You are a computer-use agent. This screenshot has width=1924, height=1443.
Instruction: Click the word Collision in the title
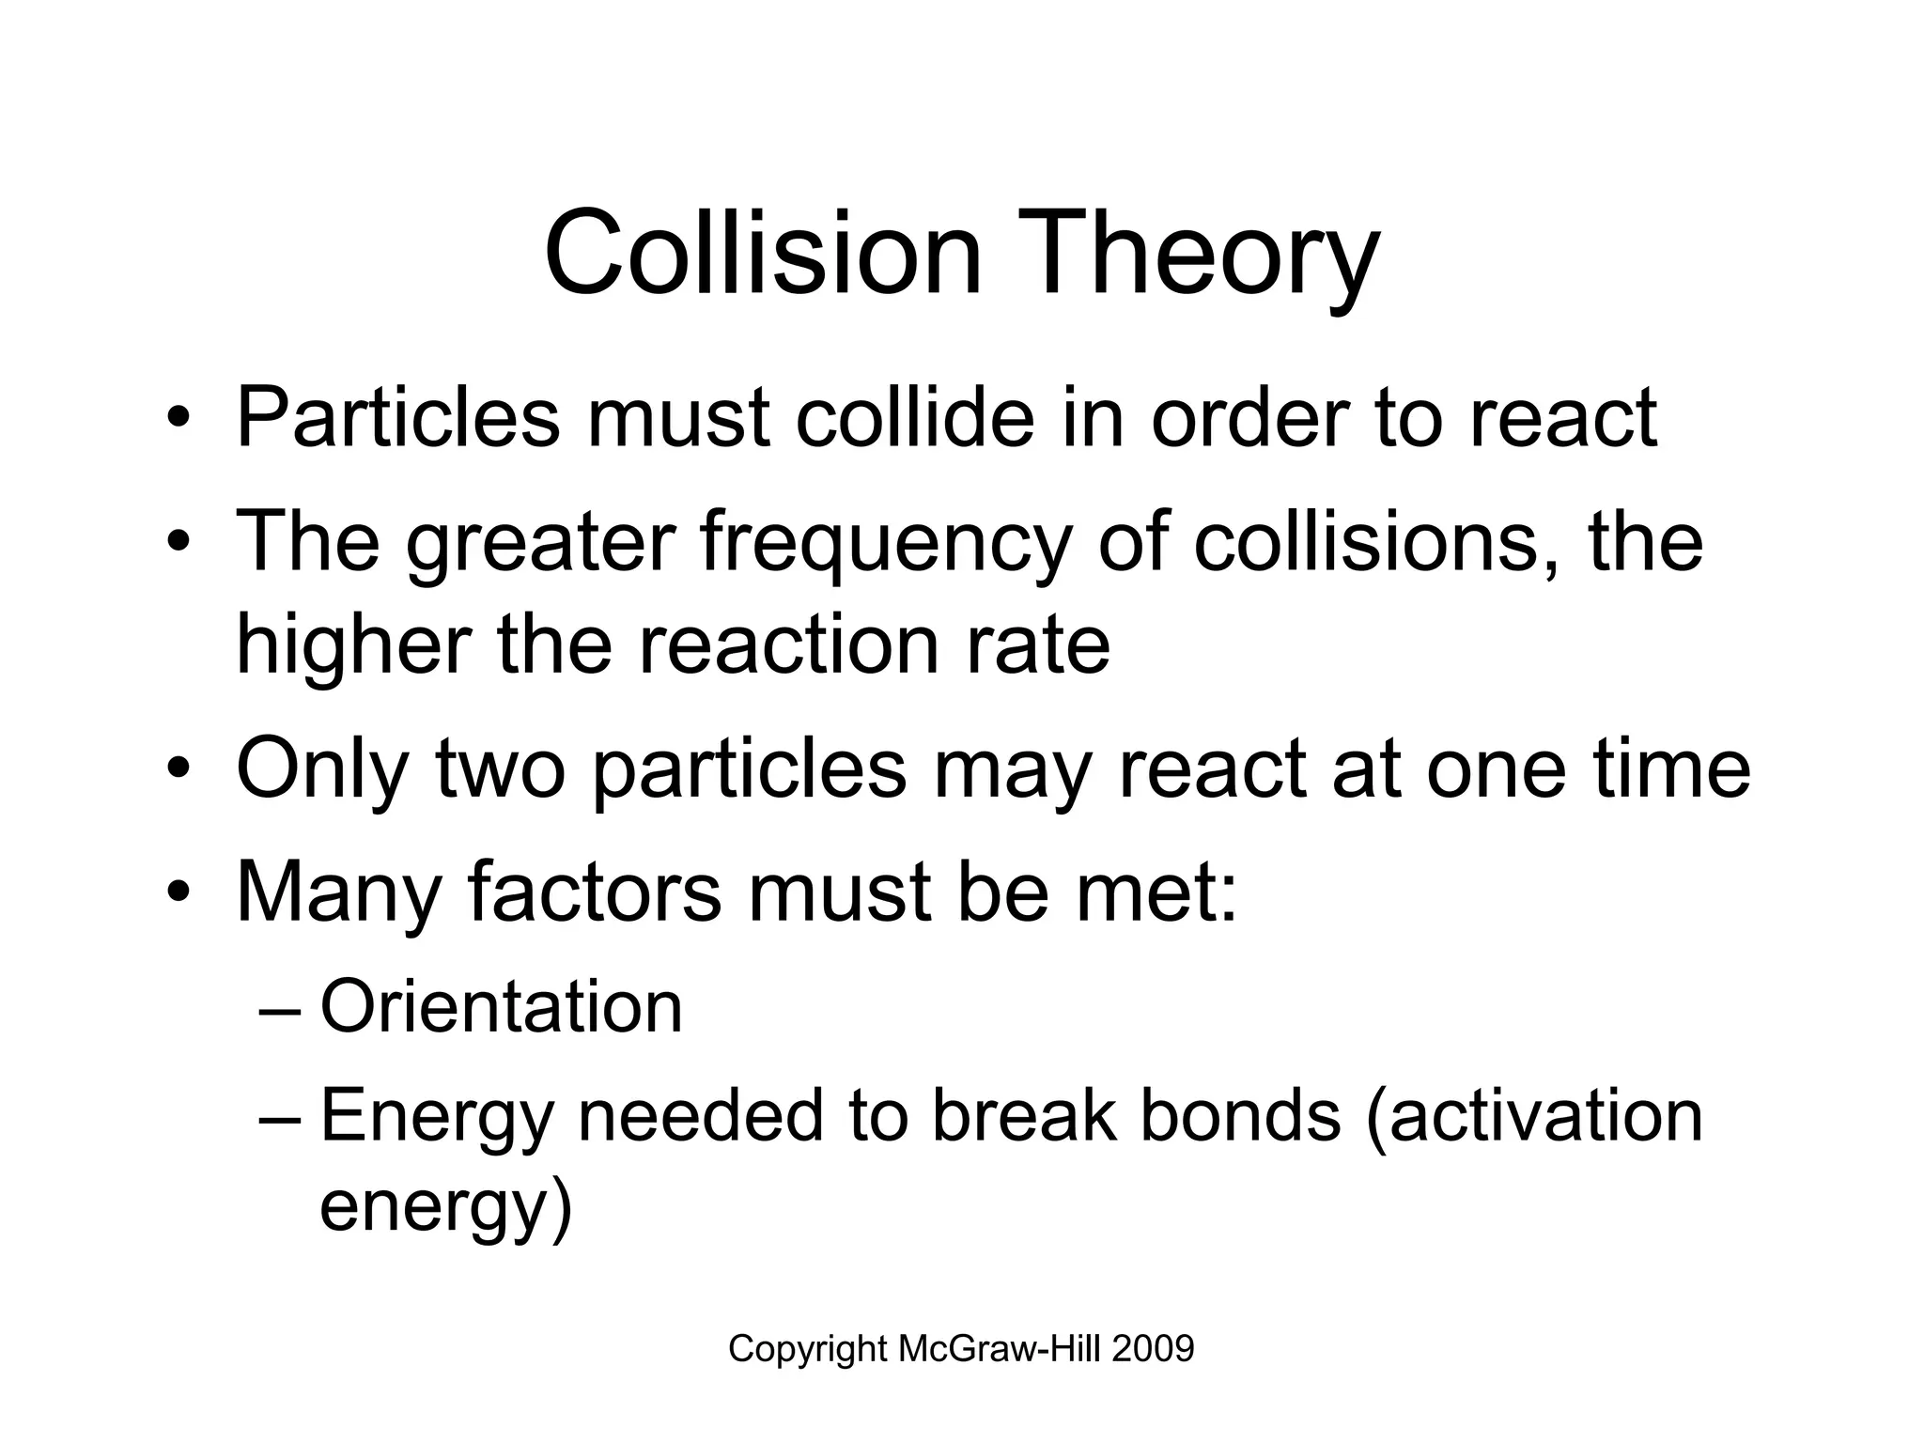pos(762,255)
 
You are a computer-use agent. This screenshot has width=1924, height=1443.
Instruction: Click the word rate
pos(1034,647)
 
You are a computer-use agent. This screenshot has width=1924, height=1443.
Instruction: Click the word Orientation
pos(501,1006)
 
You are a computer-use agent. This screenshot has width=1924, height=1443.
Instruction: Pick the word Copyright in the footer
pos(808,1350)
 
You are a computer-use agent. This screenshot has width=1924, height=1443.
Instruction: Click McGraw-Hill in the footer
pos(999,1349)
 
